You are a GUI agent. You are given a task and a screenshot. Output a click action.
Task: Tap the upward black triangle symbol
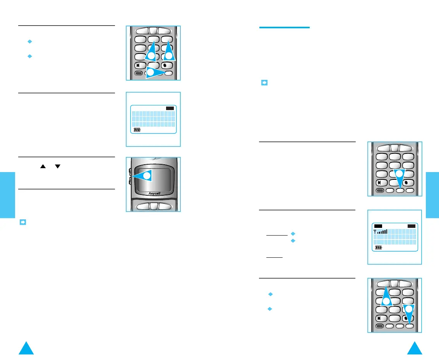pyautogui.click(x=43, y=166)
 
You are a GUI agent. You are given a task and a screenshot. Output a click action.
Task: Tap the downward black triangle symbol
pyautogui.click(x=58, y=166)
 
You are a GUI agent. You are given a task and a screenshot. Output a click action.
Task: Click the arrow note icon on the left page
pyautogui.click(x=22, y=222)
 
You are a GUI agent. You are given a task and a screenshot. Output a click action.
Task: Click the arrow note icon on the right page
pyautogui.click(x=265, y=83)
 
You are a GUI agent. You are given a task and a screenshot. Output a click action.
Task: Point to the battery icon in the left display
pyautogui.click(x=137, y=130)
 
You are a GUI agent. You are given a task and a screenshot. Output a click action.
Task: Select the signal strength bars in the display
pyautogui.click(x=381, y=231)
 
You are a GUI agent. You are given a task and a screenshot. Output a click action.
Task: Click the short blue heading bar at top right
pyautogui.click(x=284, y=28)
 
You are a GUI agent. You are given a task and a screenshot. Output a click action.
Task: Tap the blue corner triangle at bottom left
pyautogui.click(x=27, y=348)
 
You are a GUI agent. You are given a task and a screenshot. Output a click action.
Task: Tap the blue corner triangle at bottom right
pyautogui.click(x=414, y=348)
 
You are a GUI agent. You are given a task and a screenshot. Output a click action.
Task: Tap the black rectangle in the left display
pyautogui.click(x=170, y=109)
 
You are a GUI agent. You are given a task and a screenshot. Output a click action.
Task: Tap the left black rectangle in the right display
pyautogui.click(x=378, y=226)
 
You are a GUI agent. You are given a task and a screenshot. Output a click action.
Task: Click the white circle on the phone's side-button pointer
pyautogui.click(x=147, y=176)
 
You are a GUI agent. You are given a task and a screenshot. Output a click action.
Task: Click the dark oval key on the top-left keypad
pyautogui.click(x=138, y=73)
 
